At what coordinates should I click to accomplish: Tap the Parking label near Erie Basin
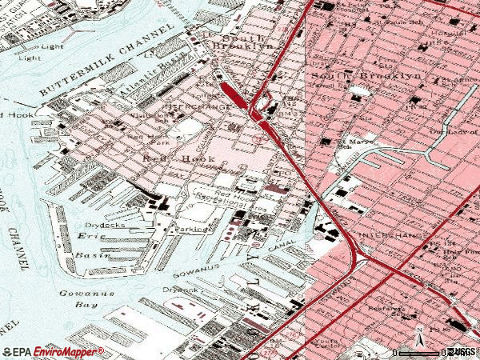(x=193, y=229)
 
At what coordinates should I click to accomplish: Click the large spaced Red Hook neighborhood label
(x=169, y=158)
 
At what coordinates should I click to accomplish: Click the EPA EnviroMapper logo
(x=53, y=351)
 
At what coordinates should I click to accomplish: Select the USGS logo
(x=462, y=351)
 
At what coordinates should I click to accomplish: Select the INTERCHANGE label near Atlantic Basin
(x=191, y=105)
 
